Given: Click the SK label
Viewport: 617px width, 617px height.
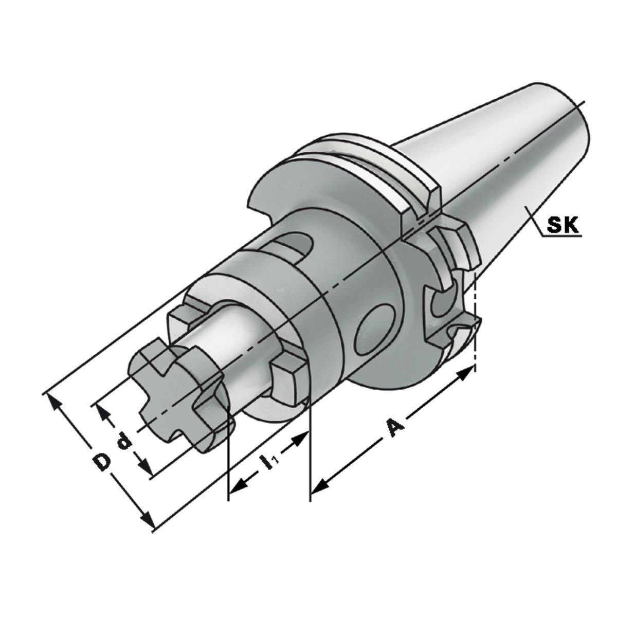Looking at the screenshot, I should coord(562,225).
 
